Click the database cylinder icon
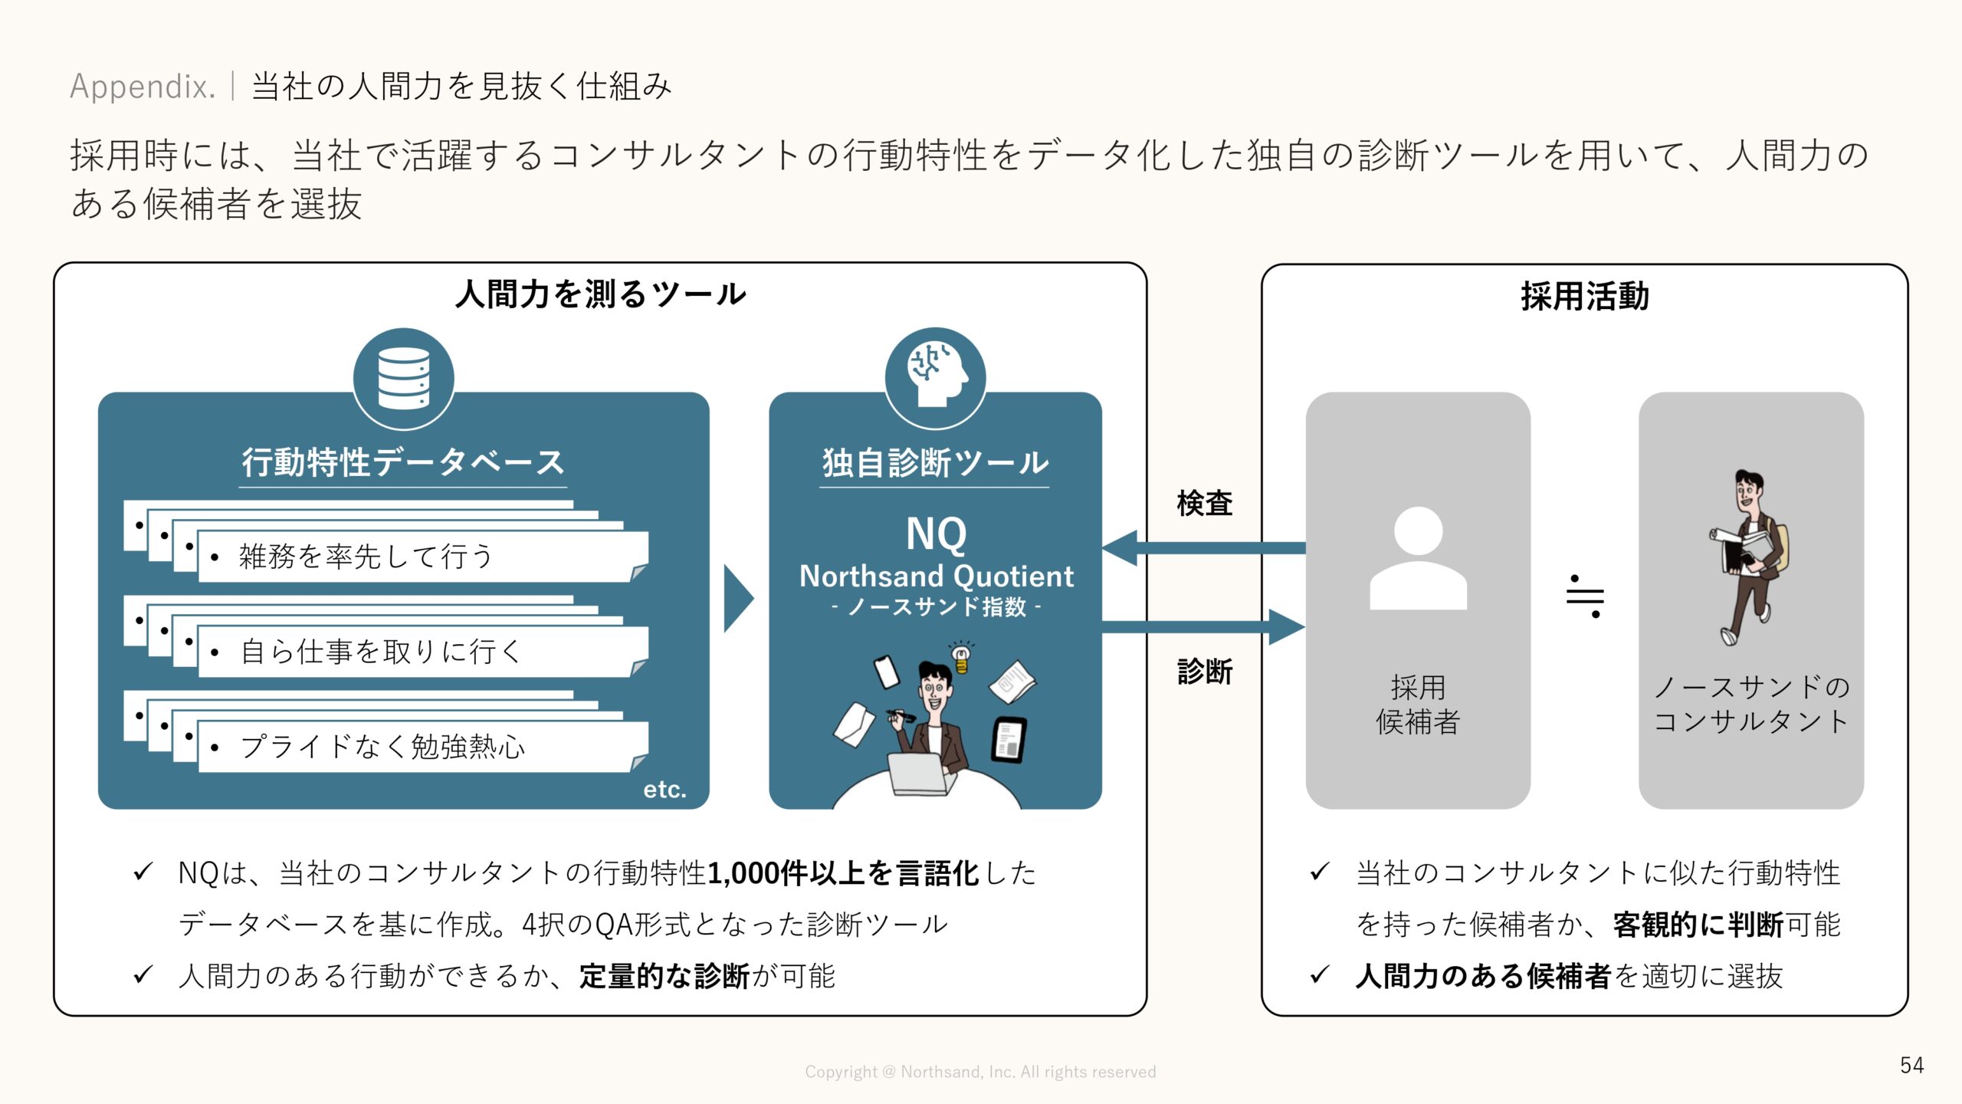pos(404,378)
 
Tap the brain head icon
pos(935,376)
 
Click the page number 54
pos(1911,1065)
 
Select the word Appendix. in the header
pos(143,86)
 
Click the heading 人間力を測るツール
pos(600,294)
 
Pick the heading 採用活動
pos(1584,297)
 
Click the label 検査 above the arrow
pos(1204,504)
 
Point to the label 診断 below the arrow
pos(1204,672)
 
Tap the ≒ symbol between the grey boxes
pos(1585,596)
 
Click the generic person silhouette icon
pos(1418,558)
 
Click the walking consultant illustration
pos(1750,558)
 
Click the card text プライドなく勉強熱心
pos(382,746)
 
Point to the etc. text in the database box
pos(664,789)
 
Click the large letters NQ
pos(936,534)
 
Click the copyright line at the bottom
pos(980,1072)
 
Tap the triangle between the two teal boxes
pos(737,599)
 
